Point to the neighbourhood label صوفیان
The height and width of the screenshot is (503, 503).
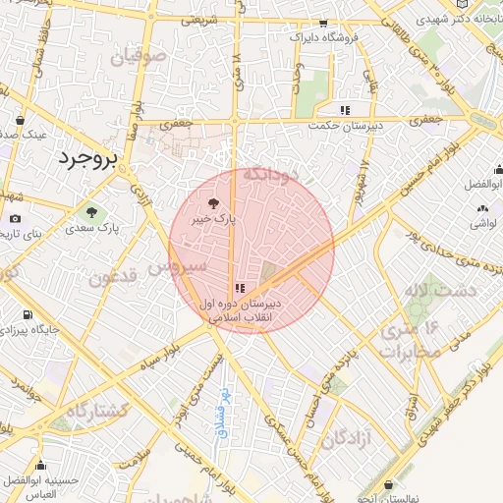point(132,58)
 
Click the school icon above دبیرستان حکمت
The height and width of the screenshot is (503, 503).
point(344,110)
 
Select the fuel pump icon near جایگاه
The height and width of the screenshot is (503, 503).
point(27,315)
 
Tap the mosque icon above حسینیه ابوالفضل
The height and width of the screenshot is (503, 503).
point(40,466)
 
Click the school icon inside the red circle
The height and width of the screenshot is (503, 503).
point(239,288)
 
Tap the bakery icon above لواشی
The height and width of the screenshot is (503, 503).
point(481,208)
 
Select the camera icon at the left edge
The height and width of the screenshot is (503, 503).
point(14,218)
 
